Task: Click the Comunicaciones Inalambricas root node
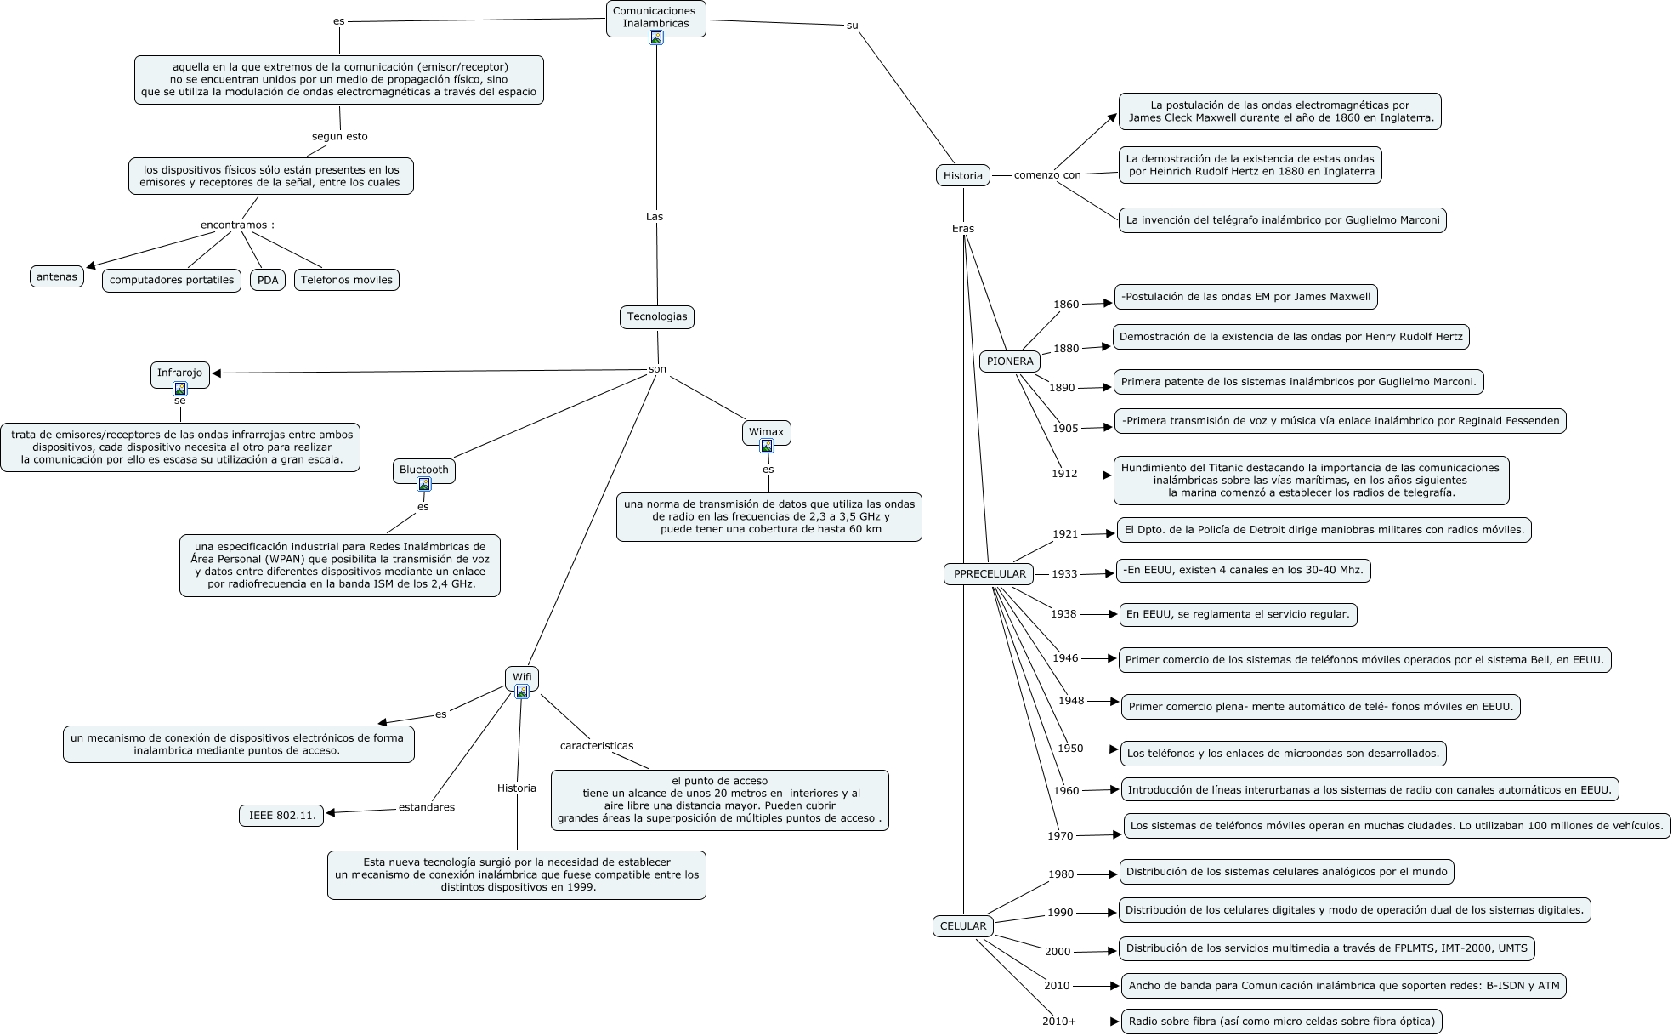pos(655,17)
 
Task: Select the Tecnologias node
pos(656,316)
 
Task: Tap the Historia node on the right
pos(962,176)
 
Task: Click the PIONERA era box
pos(1010,361)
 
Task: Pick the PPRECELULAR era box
pos(990,574)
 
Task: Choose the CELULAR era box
pos(962,926)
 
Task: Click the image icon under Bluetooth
pos(424,484)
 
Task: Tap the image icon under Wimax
pos(767,446)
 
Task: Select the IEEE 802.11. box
pos(282,816)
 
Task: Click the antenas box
pos(57,276)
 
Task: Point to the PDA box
pos(268,280)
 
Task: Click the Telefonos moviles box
pos(347,280)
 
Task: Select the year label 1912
pos(1064,474)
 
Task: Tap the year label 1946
pos(1065,658)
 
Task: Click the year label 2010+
pos(1059,1022)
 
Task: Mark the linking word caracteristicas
pos(597,746)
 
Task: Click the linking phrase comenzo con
pos(1047,175)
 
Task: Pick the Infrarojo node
pos(180,373)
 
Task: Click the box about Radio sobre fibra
pos(1281,1021)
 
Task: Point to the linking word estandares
pos(427,807)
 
